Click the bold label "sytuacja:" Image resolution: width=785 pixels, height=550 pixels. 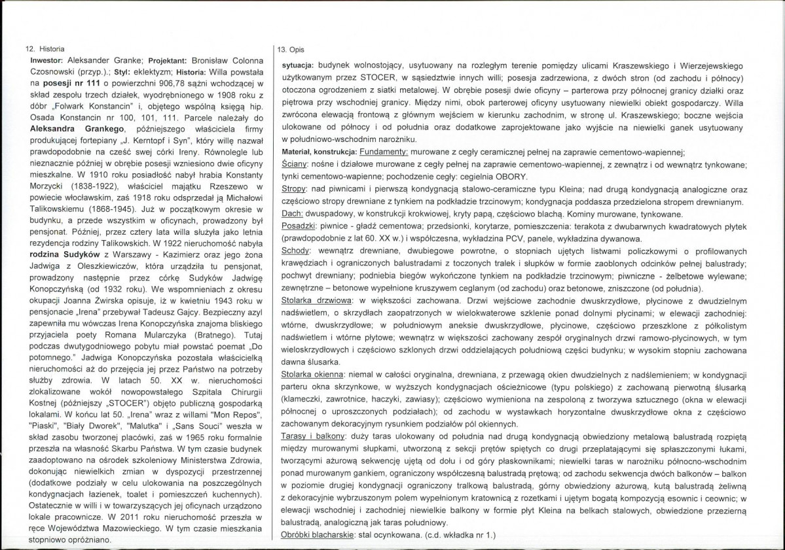click(293, 67)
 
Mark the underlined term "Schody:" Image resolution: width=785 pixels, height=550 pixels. click(295, 250)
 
